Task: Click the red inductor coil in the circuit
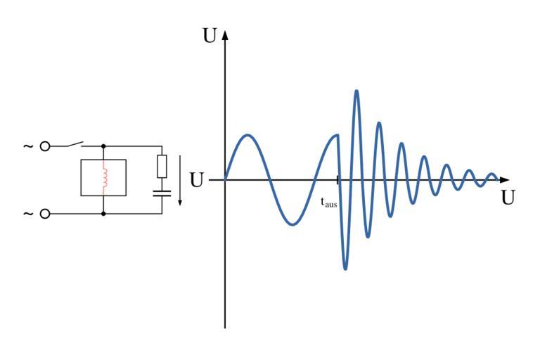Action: tap(104, 177)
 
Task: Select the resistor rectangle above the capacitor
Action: tap(162, 166)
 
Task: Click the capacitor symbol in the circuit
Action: tap(162, 192)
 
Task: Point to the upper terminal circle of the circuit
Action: tap(46, 146)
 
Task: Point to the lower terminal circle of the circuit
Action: tap(46, 213)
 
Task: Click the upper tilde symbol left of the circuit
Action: tap(28, 146)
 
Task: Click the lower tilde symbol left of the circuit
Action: tap(28, 213)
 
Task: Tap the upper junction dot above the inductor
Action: tap(104, 146)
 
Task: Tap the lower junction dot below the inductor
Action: tap(104, 213)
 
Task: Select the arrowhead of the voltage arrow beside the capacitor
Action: tap(179, 202)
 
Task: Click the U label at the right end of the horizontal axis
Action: tap(508, 198)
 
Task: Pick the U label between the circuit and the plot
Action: tap(197, 180)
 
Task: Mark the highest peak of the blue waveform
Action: tap(357, 91)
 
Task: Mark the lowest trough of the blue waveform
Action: tap(345, 269)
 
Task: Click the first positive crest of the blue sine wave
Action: tap(247, 134)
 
